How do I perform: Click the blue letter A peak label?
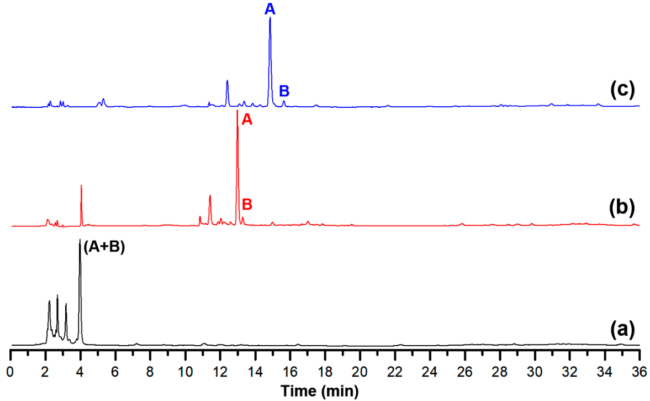pyautogui.click(x=269, y=8)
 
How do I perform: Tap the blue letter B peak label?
pyautogui.click(x=284, y=91)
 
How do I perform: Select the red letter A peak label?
pyautogui.click(x=247, y=120)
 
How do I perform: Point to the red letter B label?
pyautogui.click(x=247, y=204)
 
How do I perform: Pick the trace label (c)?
pyautogui.click(x=622, y=90)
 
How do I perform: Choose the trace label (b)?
pyautogui.click(x=622, y=209)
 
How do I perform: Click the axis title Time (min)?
pyautogui.click(x=320, y=391)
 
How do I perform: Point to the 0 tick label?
pyautogui.click(x=11, y=369)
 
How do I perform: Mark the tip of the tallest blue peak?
pyautogui.click(x=269, y=18)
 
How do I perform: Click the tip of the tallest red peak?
pyautogui.click(x=237, y=111)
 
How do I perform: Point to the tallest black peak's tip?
pyautogui.click(x=80, y=240)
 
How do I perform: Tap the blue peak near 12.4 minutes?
pyautogui.click(x=227, y=81)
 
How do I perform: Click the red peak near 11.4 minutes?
pyautogui.click(x=210, y=196)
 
